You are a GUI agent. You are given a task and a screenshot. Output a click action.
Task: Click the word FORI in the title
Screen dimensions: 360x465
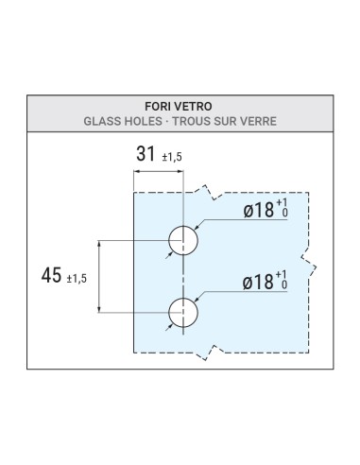point(157,108)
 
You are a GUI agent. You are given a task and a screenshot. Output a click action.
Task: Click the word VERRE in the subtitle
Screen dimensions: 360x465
point(266,123)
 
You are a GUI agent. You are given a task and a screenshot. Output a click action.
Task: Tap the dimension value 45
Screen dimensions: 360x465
point(54,275)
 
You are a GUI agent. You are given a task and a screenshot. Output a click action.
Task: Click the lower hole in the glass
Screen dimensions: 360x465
point(183,311)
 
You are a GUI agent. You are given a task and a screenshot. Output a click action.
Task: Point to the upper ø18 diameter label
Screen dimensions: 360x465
point(258,211)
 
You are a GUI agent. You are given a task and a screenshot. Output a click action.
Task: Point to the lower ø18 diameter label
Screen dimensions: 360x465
point(258,282)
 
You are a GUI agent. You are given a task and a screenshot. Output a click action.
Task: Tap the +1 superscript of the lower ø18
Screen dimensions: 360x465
point(283,275)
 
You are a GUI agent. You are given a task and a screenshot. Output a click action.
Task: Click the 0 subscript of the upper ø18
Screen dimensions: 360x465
point(283,216)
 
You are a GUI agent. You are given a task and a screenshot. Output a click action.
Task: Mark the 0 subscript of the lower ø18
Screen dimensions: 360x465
point(283,286)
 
